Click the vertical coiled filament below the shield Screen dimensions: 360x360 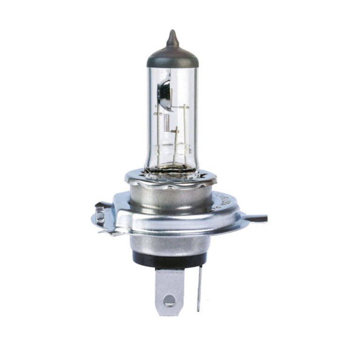(166, 123)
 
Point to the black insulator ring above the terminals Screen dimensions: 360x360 (169, 257)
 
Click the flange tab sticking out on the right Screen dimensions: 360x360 (255, 218)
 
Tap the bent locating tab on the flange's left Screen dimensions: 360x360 (100, 217)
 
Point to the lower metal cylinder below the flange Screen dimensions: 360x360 (169, 242)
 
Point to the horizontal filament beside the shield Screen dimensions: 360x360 (179, 107)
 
